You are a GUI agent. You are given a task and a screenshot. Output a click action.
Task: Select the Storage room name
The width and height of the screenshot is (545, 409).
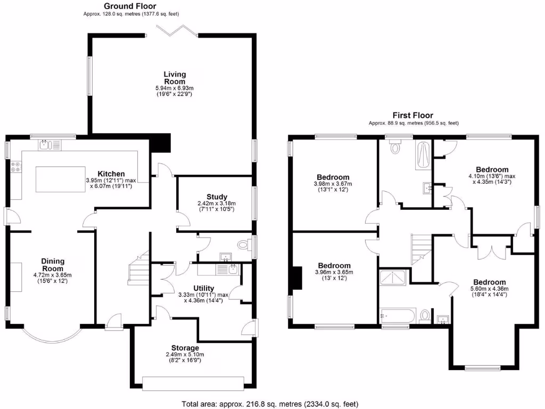[185, 348]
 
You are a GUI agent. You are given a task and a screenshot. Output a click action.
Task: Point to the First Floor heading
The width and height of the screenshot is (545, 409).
[412, 115]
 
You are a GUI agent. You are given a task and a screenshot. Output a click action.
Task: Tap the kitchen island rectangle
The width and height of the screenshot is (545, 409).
[60, 179]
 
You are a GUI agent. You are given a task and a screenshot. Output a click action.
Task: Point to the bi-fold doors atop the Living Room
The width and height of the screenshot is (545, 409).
[172, 32]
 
